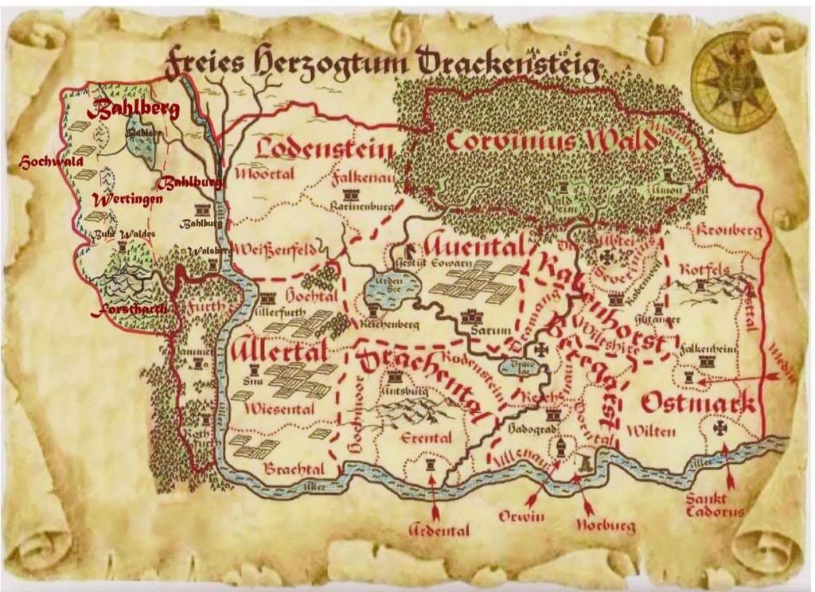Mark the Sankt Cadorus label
pos(715,506)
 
